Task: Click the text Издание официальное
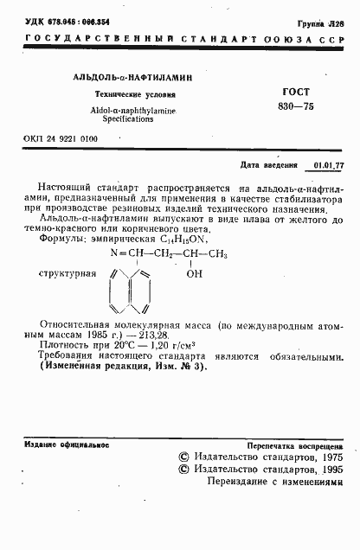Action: [x=66, y=444]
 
